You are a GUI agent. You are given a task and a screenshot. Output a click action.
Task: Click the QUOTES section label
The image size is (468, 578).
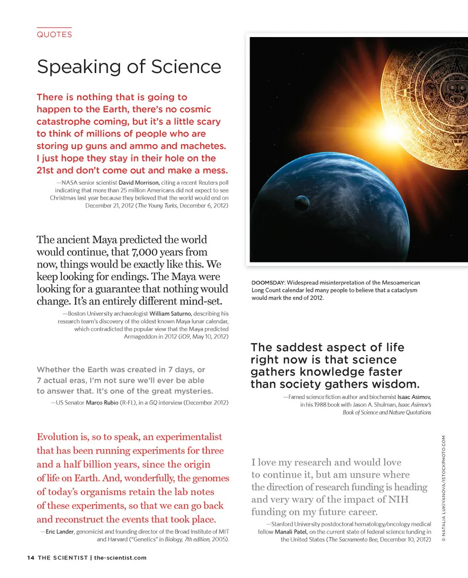pos(54,35)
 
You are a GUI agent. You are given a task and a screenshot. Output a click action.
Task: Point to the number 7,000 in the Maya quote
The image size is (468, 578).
pos(144,252)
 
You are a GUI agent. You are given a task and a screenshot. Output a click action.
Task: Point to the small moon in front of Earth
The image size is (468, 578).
pos(302,202)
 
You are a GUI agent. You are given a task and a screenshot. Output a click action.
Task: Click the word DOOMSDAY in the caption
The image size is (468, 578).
pos(268,283)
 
